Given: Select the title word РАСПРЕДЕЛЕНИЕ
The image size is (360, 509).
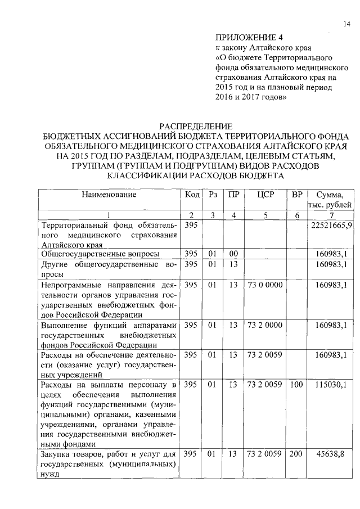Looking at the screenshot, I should click(196, 126).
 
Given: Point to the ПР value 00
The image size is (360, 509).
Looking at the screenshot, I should click(233, 255).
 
